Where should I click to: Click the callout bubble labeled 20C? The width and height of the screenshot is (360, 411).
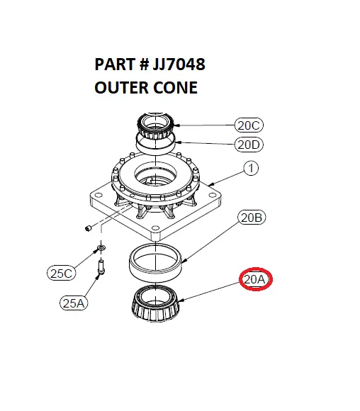pyautogui.click(x=249, y=125)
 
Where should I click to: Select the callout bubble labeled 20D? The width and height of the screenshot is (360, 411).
pyautogui.click(x=249, y=145)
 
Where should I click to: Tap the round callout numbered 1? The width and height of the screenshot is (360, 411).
pyautogui.click(x=251, y=168)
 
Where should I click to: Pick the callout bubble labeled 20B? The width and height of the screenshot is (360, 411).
pyautogui.click(x=252, y=218)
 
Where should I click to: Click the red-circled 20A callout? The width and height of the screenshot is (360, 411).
pyautogui.click(x=256, y=279)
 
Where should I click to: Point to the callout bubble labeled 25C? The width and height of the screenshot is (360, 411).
pyautogui.click(x=62, y=273)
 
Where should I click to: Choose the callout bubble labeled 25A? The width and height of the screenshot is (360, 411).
pyautogui.click(x=74, y=303)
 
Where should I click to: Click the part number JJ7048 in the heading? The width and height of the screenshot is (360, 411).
pyautogui.click(x=179, y=64)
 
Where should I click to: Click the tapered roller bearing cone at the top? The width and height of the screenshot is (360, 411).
pyautogui.click(x=157, y=126)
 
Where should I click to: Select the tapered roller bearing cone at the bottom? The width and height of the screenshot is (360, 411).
pyautogui.click(x=156, y=303)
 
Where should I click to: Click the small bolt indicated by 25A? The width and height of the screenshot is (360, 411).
pyautogui.click(x=101, y=266)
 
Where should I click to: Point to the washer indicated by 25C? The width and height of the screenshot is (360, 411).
pyautogui.click(x=101, y=247)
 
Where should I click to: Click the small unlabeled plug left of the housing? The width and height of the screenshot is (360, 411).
pyautogui.click(x=89, y=228)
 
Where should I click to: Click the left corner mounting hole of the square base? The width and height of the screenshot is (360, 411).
pyautogui.click(x=99, y=196)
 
